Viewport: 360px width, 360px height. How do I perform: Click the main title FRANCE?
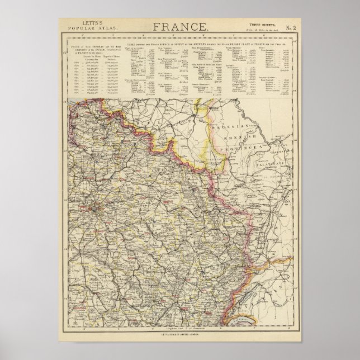[179, 26]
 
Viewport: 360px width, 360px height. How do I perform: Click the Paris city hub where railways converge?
[98, 211]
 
